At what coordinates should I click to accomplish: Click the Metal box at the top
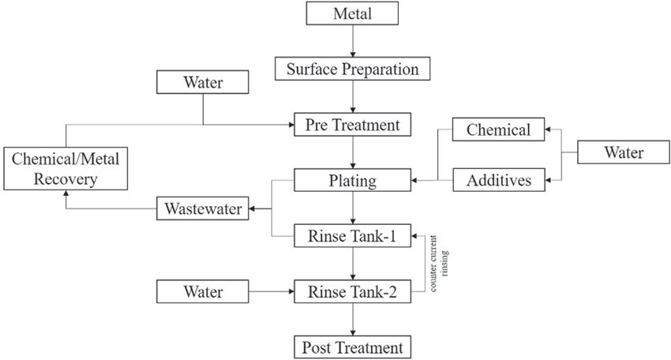click(354, 13)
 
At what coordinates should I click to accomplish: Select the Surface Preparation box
click(354, 69)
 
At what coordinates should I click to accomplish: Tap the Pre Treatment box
click(354, 124)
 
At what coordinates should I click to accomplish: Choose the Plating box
click(354, 180)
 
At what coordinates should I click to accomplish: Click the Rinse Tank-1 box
click(354, 235)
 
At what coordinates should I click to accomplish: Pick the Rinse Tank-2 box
click(354, 291)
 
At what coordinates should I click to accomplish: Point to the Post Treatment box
click(354, 347)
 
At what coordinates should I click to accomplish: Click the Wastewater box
click(202, 209)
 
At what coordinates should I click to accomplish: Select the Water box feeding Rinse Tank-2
click(203, 291)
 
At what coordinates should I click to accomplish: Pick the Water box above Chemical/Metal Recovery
click(203, 81)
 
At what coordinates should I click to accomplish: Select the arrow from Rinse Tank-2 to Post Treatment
click(354, 319)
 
